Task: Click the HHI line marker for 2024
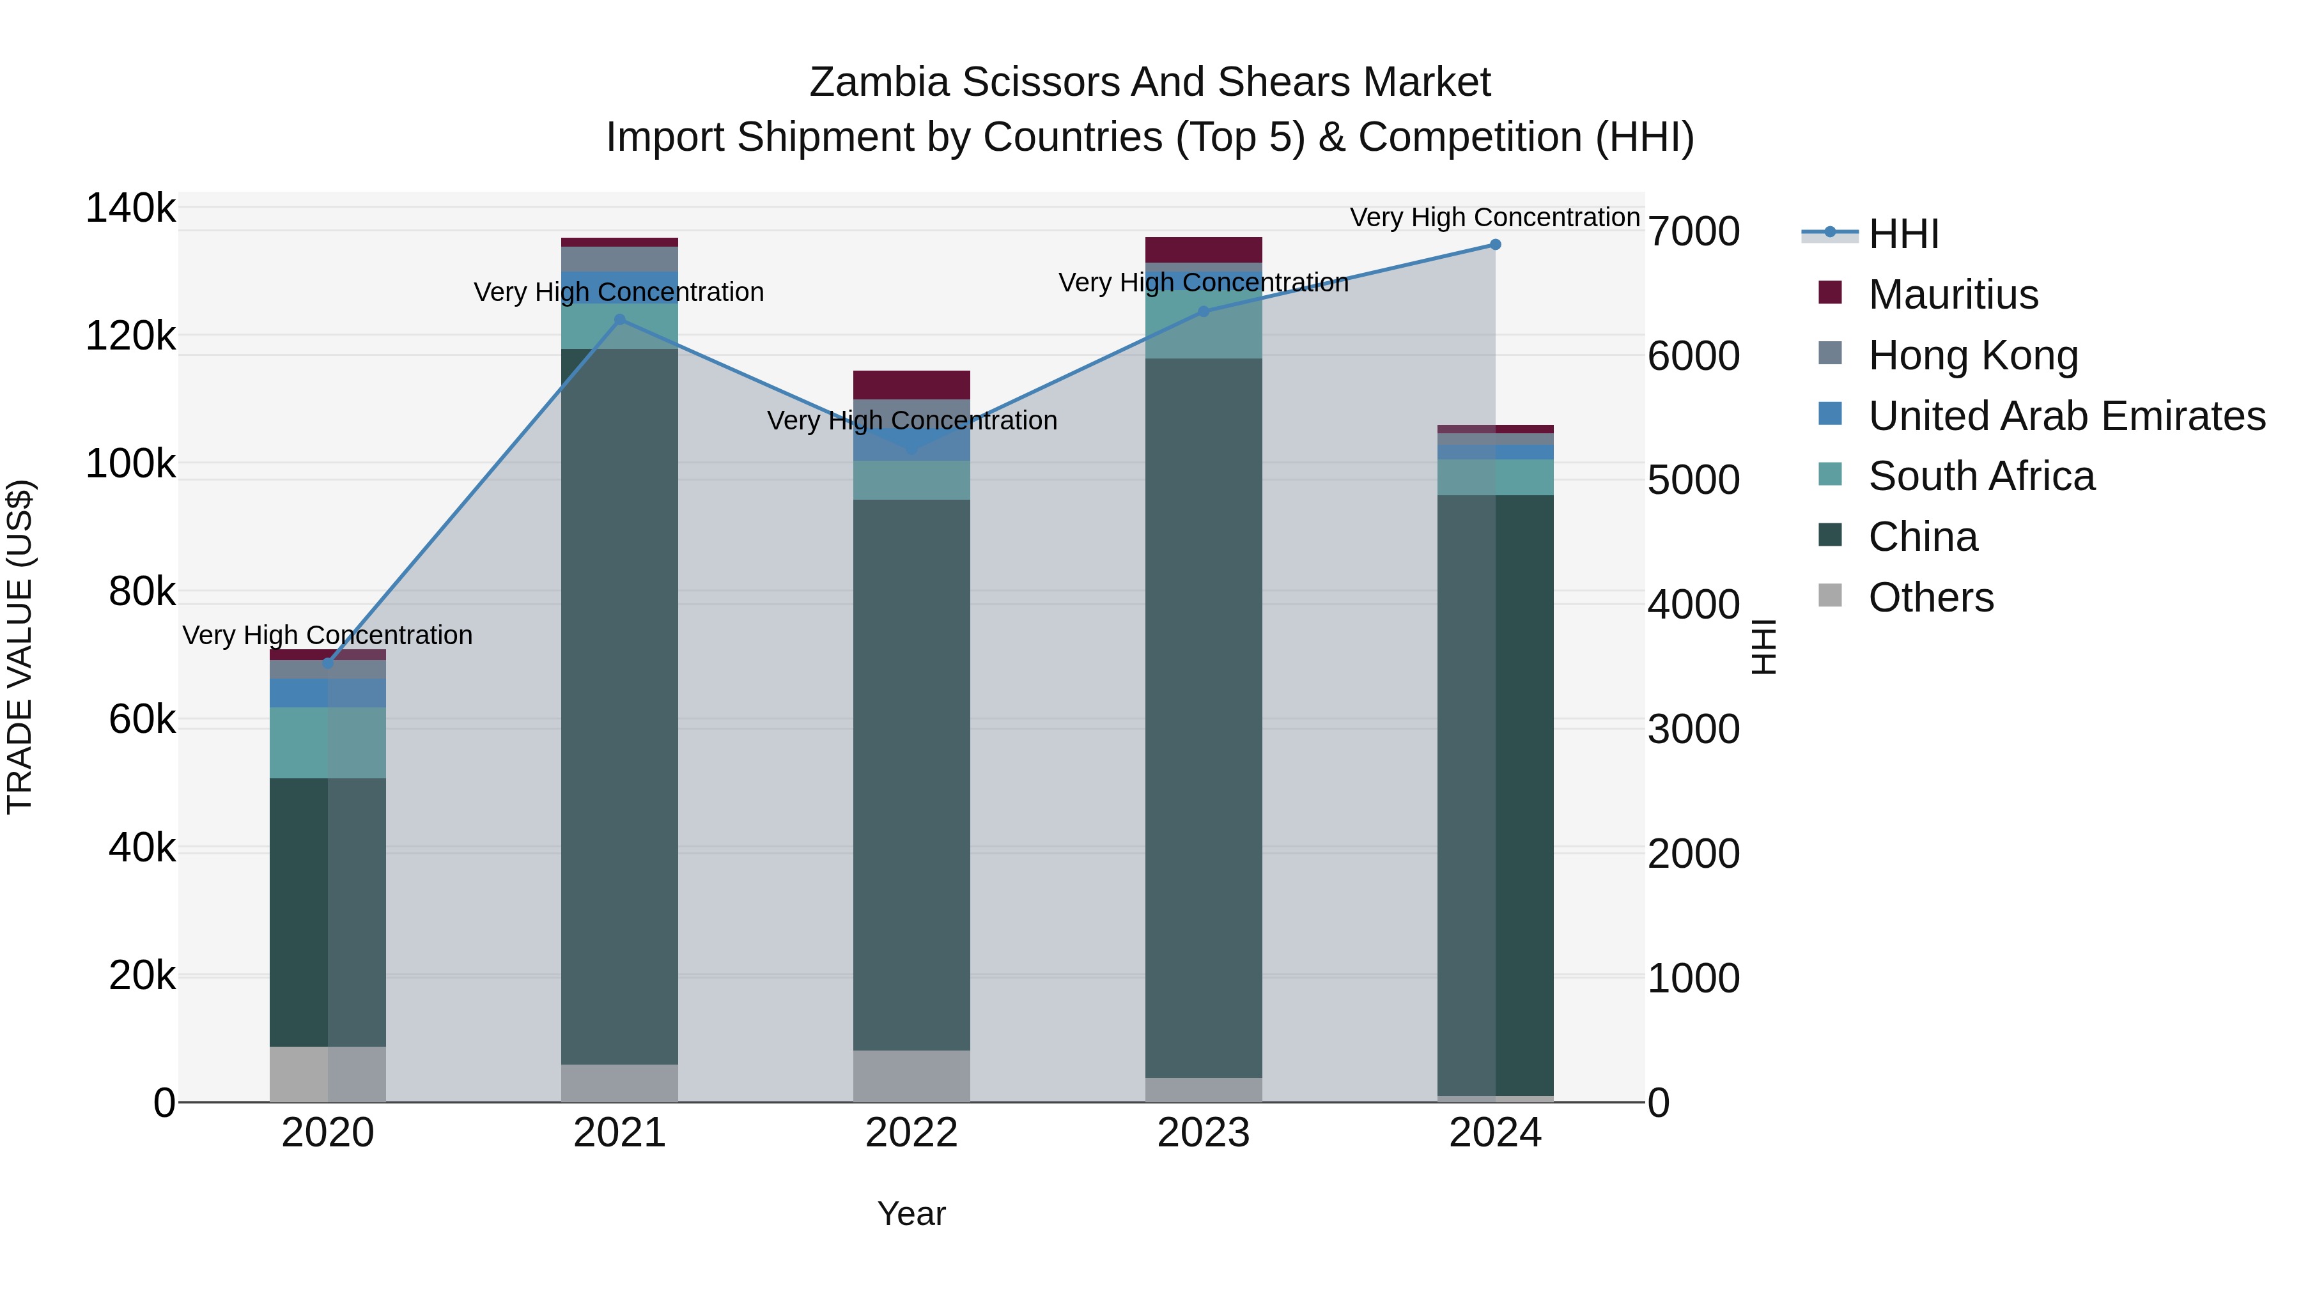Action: [1494, 245]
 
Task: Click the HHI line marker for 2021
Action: [620, 320]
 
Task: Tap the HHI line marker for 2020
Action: [328, 663]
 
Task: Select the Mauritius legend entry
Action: [1952, 295]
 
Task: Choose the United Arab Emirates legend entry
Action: [2066, 416]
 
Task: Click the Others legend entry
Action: [1930, 597]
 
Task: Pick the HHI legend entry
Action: [1903, 234]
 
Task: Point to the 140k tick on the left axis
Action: [130, 209]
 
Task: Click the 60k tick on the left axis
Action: [141, 720]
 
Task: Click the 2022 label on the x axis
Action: [911, 1133]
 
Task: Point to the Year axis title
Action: [911, 1213]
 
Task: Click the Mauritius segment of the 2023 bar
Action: [1203, 249]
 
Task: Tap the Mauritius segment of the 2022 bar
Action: [911, 384]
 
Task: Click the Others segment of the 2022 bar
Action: [911, 1075]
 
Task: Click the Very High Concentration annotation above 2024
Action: [1494, 217]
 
